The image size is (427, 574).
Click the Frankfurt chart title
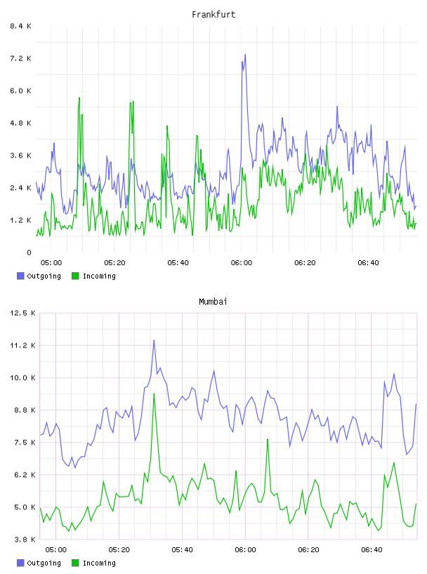point(213,15)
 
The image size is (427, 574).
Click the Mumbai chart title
point(213,302)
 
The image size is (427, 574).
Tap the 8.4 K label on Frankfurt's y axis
point(20,26)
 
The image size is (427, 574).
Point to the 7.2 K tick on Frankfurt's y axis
point(20,58)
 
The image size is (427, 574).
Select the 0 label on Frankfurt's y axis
point(29,253)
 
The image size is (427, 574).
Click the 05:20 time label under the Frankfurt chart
point(114,262)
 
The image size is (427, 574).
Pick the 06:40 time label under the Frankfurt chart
point(368,262)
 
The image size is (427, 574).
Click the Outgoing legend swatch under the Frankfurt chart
point(20,276)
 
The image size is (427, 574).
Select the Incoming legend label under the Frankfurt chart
point(99,276)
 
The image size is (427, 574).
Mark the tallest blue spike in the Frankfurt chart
point(245,55)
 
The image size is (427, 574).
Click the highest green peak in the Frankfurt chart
point(79,98)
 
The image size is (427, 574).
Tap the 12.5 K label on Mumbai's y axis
point(22,313)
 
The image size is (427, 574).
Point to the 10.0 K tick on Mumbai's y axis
point(22,378)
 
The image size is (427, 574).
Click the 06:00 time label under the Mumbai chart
point(245,549)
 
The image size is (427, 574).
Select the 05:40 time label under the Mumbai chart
point(182,549)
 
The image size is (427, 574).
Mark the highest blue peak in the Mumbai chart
point(154,340)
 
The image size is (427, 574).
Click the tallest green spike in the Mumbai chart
point(155,394)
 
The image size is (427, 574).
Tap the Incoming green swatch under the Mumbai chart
point(75,563)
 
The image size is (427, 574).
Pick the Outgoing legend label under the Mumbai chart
point(44,563)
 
